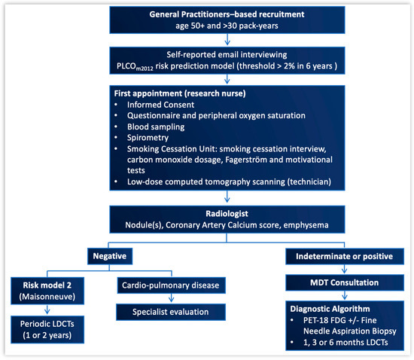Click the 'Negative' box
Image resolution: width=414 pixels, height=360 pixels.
[x=110, y=256]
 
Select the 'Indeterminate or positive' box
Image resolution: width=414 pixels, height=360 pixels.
[x=345, y=256]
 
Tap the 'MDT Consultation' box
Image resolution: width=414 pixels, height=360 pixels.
[x=345, y=282]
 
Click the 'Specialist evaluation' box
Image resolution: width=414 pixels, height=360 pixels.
[x=171, y=312]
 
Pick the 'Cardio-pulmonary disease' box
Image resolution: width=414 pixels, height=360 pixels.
[x=171, y=285]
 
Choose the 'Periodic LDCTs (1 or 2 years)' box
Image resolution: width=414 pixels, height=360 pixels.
[x=47, y=329]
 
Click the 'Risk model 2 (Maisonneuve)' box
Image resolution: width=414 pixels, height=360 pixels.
[x=47, y=291]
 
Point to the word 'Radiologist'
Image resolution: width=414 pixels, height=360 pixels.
[x=227, y=213]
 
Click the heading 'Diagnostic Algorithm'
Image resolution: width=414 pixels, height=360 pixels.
[x=330, y=309]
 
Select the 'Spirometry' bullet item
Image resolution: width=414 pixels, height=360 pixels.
[x=148, y=138]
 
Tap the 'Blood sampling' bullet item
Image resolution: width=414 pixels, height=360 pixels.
[x=156, y=127]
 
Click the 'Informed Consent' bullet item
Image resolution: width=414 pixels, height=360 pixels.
[x=160, y=105]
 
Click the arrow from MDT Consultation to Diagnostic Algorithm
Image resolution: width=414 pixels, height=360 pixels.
[x=344, y=295]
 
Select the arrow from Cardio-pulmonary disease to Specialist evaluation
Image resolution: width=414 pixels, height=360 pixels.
[x=171, y=298]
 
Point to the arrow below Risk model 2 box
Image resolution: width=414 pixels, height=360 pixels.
[x=47, y=310]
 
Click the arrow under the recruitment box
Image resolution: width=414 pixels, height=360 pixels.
[x=227, y=40]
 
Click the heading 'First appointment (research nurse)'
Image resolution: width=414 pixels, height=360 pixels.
[x=180, y=93]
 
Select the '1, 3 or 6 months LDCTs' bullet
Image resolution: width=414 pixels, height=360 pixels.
[x=346, y=343]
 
